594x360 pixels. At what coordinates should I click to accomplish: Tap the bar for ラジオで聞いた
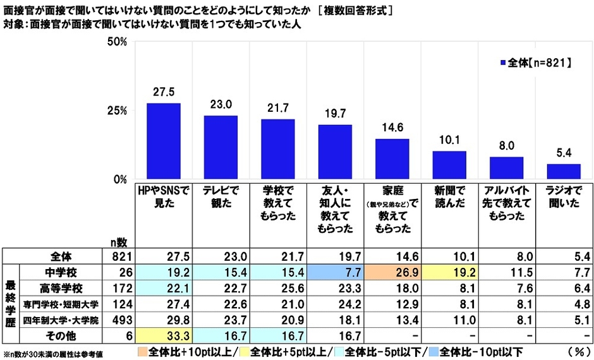point(563,172)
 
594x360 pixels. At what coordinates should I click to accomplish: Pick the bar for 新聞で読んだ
point(449,165)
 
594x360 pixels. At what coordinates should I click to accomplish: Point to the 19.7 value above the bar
point(335,114)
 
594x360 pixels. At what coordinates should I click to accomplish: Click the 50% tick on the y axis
point(118,42)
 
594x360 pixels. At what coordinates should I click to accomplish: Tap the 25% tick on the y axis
point(118,111)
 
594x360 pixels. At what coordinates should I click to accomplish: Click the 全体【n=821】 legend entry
point(536,63)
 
